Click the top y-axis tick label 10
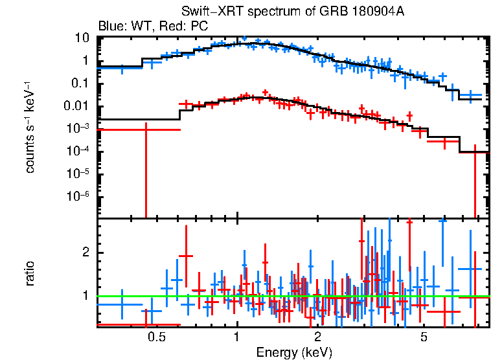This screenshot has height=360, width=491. (x=82, y=38)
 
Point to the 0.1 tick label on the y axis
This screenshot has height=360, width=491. (x=79, y=84)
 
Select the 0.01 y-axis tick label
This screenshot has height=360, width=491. (x=76, y=106)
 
